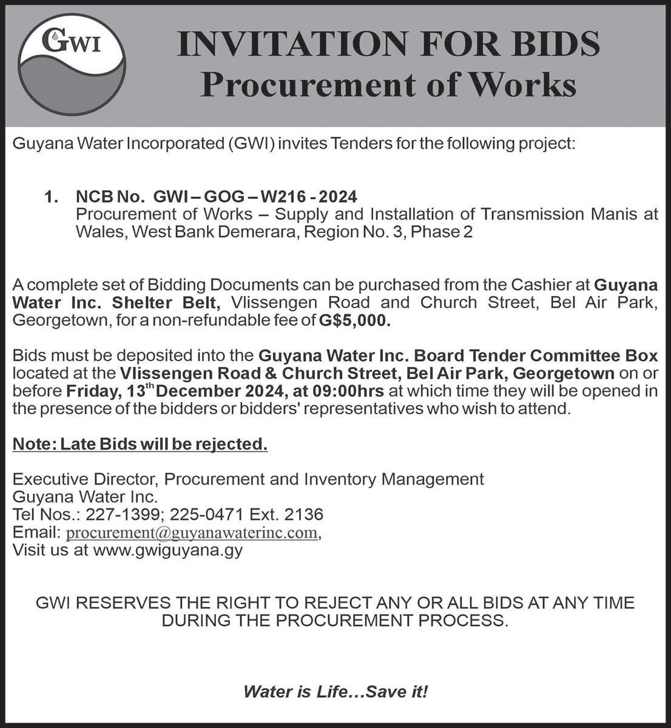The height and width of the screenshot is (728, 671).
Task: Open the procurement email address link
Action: [192, 533]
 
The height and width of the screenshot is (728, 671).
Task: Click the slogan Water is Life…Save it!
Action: [335, 691]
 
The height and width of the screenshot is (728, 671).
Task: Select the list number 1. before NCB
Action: [52, 197]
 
